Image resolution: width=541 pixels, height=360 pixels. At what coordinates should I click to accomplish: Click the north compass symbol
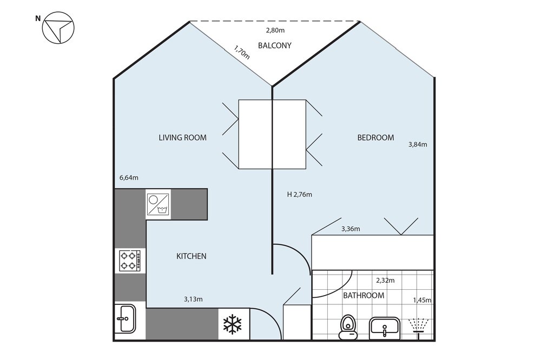pos(58,28)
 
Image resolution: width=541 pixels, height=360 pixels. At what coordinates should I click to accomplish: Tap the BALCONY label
pos(275,45)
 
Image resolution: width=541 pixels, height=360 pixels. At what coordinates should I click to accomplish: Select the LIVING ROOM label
pos(182,138)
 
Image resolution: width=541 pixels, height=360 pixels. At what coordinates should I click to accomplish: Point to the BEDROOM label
pos(375,138)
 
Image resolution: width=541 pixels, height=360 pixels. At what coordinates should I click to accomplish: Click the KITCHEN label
pos(191,256)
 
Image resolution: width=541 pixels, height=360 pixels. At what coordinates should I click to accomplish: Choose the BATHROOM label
pos(364,296)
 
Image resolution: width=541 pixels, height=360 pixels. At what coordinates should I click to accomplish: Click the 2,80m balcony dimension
pos(275,30)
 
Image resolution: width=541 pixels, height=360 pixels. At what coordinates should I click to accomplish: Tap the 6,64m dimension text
pos(129,178)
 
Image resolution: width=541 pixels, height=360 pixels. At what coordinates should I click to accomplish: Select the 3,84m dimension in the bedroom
pos(418,144)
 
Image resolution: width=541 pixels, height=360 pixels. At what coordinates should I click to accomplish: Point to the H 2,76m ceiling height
pos(300,195)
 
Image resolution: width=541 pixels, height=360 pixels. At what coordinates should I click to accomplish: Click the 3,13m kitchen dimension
pos(193,299)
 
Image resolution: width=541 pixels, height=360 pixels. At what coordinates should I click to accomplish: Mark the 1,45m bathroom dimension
pos(422,301)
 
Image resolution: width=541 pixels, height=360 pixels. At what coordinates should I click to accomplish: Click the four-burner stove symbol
pos(130,261)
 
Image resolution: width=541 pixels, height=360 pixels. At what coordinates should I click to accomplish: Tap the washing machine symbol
pos(158,204)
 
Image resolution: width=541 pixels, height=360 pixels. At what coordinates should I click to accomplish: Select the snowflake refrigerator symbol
pos(233,324)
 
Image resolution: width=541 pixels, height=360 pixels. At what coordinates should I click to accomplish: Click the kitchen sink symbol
pos(126,318)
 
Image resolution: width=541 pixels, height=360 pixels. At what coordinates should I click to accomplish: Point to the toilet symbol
pos(348,327)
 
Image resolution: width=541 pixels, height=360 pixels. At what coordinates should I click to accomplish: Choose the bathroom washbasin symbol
pos(384,328)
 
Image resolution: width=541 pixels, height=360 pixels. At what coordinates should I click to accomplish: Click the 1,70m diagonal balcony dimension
pos(242,52)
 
